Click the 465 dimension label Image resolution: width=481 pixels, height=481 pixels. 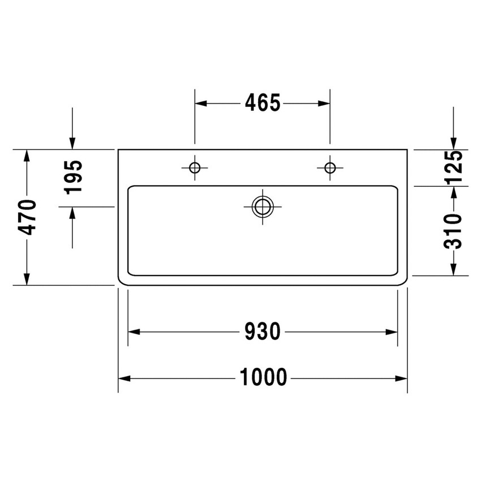coord(263,103)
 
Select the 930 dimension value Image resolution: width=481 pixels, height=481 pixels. coord(263,332)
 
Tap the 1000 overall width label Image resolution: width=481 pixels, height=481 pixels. coord(263,376)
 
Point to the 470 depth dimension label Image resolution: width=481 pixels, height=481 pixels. coord(27,217)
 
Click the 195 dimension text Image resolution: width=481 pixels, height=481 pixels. coord(73,177)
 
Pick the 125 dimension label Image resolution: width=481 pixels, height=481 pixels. coord(454,168)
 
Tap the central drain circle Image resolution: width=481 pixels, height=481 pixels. coord(263,207)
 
